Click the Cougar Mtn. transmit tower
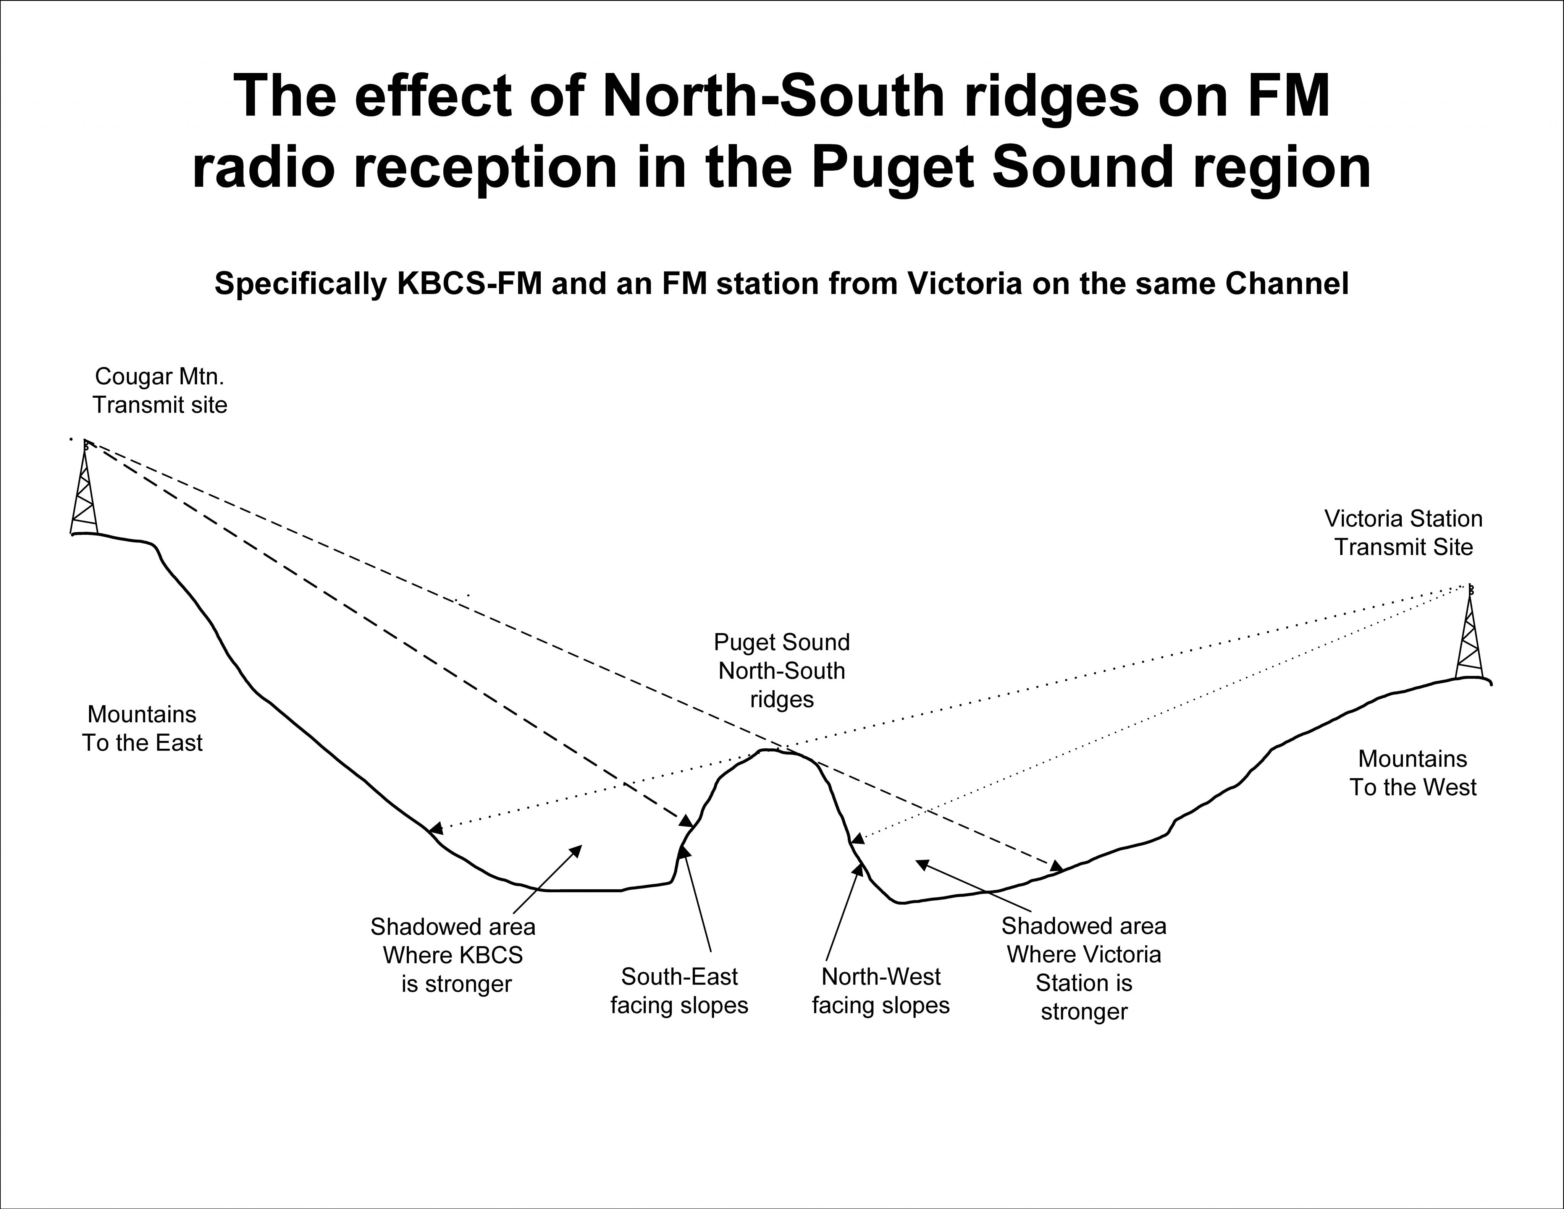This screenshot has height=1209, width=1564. coord(84,487)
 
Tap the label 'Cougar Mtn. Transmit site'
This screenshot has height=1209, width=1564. coord(160,390)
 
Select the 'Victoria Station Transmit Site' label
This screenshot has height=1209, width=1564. coord(1404,533)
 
